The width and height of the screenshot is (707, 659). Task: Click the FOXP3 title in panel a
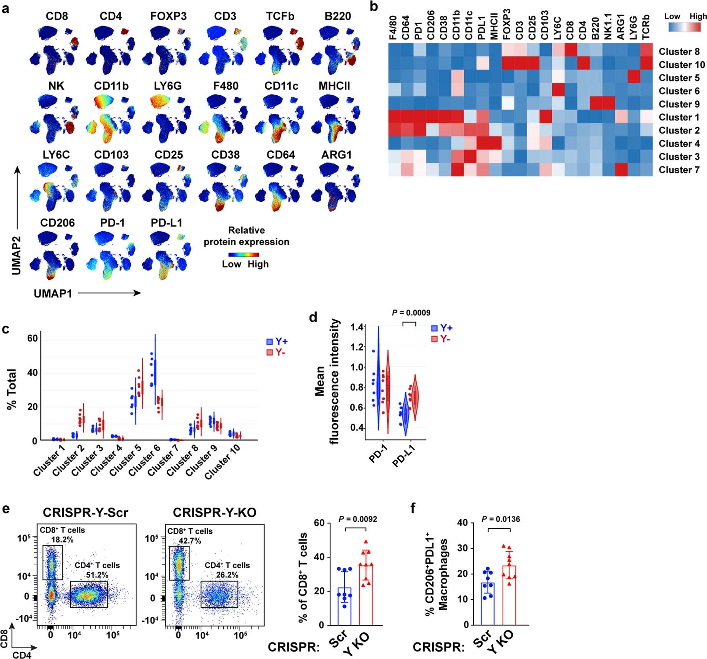point(168,17)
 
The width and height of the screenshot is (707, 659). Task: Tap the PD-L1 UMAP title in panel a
point(166,223)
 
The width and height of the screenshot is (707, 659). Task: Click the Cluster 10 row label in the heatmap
point(682,65)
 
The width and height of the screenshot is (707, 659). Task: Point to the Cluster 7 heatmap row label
point(679,170)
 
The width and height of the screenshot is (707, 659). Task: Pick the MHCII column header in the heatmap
point(495,26)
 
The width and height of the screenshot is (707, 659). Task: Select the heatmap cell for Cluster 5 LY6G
point(634,78)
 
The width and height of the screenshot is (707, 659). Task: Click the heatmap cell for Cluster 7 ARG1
point(621,170)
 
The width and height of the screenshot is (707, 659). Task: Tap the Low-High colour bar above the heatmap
point(684,27)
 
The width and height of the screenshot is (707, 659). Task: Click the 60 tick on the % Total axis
point(32,339)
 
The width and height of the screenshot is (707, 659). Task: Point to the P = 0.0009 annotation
point(411,313)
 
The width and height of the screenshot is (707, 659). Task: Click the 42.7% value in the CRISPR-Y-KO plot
point(190,541)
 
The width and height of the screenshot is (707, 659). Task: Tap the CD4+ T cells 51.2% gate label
point(97,570)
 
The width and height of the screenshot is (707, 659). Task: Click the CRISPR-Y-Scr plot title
point(85,513)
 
